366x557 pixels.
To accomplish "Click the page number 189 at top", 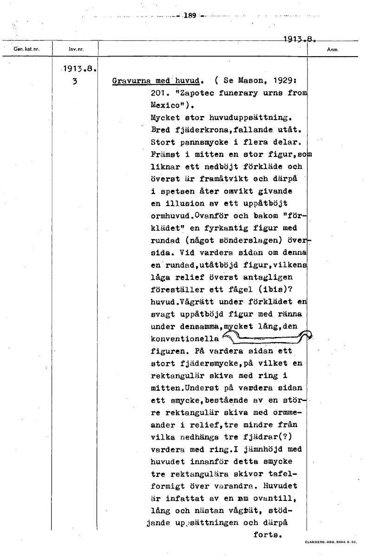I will click(190, 15).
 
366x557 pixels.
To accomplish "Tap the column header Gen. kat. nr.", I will click(27, 48).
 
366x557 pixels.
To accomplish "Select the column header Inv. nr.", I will click(75, 48).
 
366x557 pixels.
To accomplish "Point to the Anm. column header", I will click(332, 48).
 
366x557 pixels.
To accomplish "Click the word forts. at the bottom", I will click(268, 534).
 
